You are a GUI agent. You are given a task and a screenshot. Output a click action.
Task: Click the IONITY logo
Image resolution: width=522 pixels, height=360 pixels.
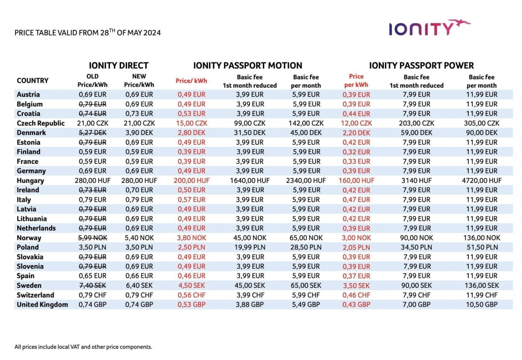coord(429,28)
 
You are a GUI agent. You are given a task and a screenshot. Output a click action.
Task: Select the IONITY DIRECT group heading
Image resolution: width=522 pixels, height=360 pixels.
coord(119,66)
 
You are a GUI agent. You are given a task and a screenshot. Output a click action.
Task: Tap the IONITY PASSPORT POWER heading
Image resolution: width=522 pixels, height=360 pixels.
coord(421,66)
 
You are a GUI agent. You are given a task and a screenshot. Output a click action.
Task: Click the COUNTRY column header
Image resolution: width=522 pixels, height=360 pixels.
coord(33,81)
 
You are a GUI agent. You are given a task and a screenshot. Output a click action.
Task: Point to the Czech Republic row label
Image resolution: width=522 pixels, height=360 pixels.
coord(41,123)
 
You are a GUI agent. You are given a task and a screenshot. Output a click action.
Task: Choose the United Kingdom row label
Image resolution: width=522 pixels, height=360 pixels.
coord(42,304)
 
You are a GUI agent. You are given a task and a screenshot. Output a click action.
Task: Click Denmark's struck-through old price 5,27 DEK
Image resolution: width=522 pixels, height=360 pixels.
coord(93,133)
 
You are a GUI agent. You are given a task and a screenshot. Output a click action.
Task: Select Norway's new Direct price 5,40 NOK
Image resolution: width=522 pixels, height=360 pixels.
coord(139,238)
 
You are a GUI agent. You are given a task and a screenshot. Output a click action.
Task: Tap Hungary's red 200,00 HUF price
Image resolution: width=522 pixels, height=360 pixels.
coord(191,180)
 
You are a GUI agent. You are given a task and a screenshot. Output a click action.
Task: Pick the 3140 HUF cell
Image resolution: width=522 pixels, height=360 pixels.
coord(417,180)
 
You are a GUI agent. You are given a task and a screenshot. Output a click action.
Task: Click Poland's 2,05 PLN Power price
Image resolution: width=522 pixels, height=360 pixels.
coord(356,247)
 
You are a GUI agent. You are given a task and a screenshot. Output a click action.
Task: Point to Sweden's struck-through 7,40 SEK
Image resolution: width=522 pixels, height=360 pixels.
coord(93,285)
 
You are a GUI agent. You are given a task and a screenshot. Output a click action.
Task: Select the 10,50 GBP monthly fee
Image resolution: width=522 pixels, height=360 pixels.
coord(481,304)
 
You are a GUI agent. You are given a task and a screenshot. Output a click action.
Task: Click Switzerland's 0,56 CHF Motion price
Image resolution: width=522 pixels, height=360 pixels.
coord(191,295)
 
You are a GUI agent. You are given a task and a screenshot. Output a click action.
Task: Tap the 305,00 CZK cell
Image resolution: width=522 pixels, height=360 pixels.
coord(481,123)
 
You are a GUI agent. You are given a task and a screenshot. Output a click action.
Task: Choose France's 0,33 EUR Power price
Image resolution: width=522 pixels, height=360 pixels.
coord(356,161)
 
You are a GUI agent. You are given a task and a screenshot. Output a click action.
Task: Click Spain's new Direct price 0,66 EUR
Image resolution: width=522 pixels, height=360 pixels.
coord(139,276)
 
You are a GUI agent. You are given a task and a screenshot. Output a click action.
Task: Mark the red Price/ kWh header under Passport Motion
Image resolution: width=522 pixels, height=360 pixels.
coord(191,81)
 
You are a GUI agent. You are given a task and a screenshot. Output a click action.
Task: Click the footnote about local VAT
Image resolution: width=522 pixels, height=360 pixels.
coord(83,347)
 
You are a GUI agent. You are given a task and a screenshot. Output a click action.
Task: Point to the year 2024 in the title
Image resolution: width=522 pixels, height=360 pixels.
coord(152,33)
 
